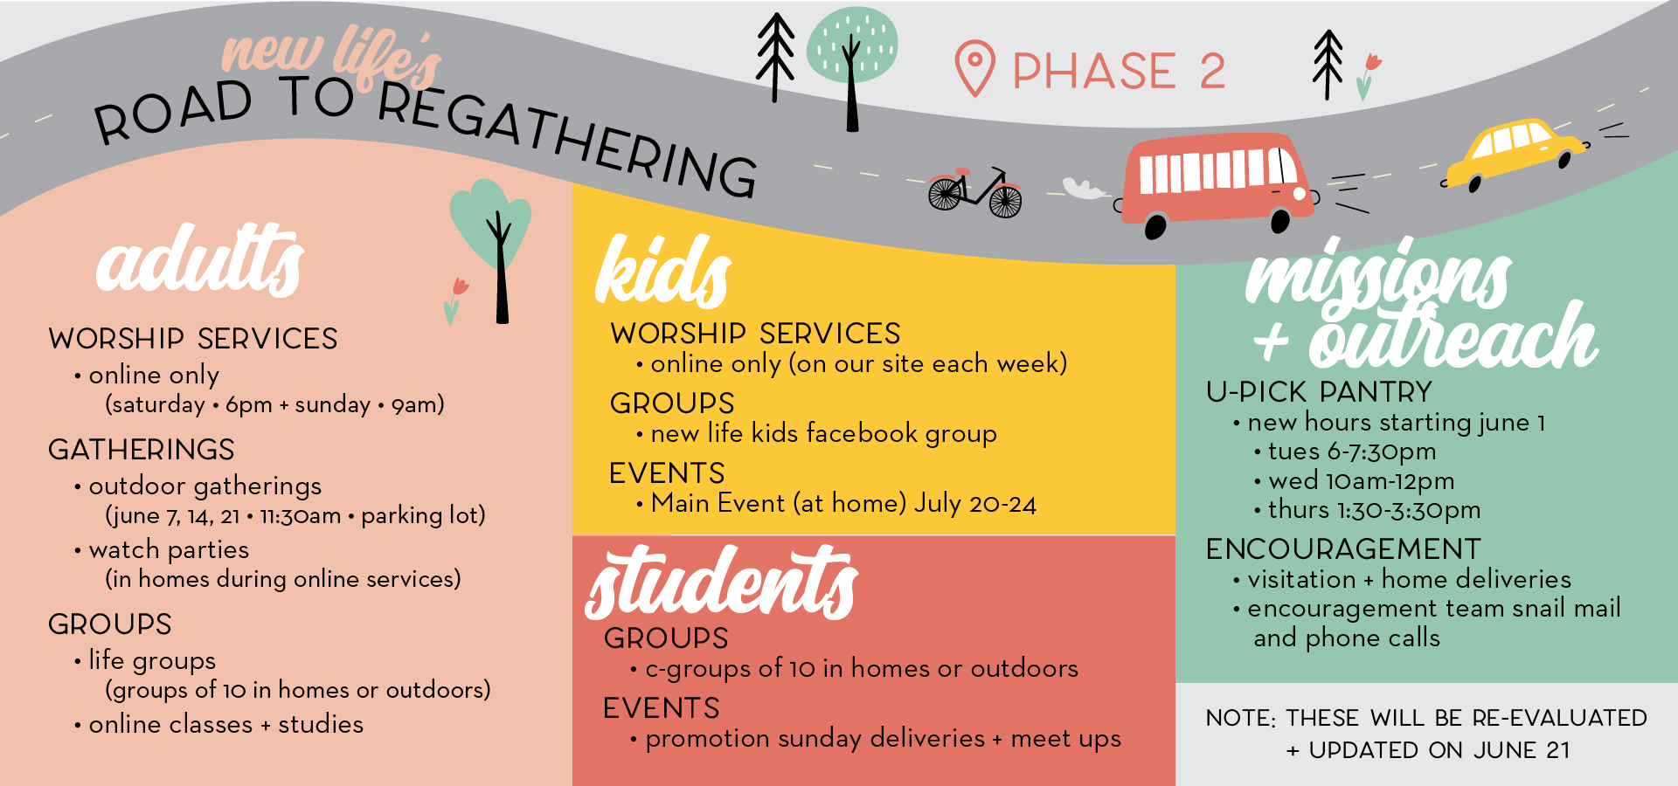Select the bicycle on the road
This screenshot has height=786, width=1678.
(974, 192)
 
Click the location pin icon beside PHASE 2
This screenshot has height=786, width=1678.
(974, 67)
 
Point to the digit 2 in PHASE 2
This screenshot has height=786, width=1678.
(1212, 71)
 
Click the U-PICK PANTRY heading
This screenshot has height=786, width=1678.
(1319, 392)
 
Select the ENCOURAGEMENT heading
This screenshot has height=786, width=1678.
(1343, 549)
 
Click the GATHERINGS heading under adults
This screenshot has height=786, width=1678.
(142, 450)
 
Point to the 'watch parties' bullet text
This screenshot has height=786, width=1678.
(169, 549)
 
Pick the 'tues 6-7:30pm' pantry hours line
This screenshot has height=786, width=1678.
(1352, 452)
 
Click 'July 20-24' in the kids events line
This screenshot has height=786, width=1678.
(975, 504)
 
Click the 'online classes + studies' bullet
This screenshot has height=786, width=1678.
(225, 725)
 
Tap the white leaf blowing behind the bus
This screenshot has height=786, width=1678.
(1085, 189)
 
